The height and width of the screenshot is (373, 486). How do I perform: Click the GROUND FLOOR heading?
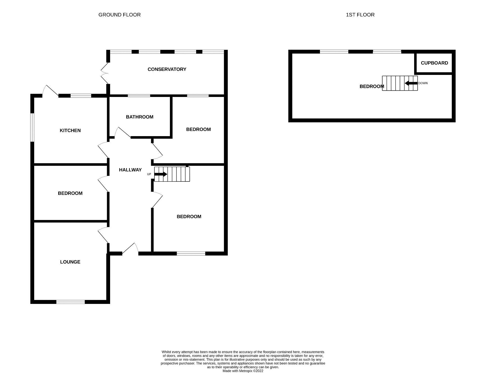pos(119,15)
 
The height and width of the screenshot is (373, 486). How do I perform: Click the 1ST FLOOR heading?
pos(360,15)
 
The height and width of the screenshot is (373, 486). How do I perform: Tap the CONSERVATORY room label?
pos(167,69)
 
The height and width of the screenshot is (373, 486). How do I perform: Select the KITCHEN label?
pos(70,131)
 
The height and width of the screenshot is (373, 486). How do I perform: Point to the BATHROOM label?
pos(139,117)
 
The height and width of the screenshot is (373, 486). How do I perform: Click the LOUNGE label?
pos(70,262)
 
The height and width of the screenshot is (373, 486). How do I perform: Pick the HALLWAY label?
pos(130,170)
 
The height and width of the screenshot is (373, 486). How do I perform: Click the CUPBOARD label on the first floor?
pos(434,63)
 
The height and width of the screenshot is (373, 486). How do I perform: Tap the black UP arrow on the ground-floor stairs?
pos(160,174)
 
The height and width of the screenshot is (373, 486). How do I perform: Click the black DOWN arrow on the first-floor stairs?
pos(411,83)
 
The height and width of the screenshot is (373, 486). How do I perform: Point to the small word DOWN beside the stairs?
pos(423,83)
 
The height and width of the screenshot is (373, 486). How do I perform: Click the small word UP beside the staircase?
pos(149,174)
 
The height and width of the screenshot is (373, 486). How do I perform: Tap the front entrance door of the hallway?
pos(130,249)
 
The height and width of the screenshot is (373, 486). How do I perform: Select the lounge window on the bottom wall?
pos(70,302)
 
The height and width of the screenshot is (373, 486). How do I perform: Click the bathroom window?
pos(139,96)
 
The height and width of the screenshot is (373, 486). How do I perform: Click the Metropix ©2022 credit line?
pos(243,371)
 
